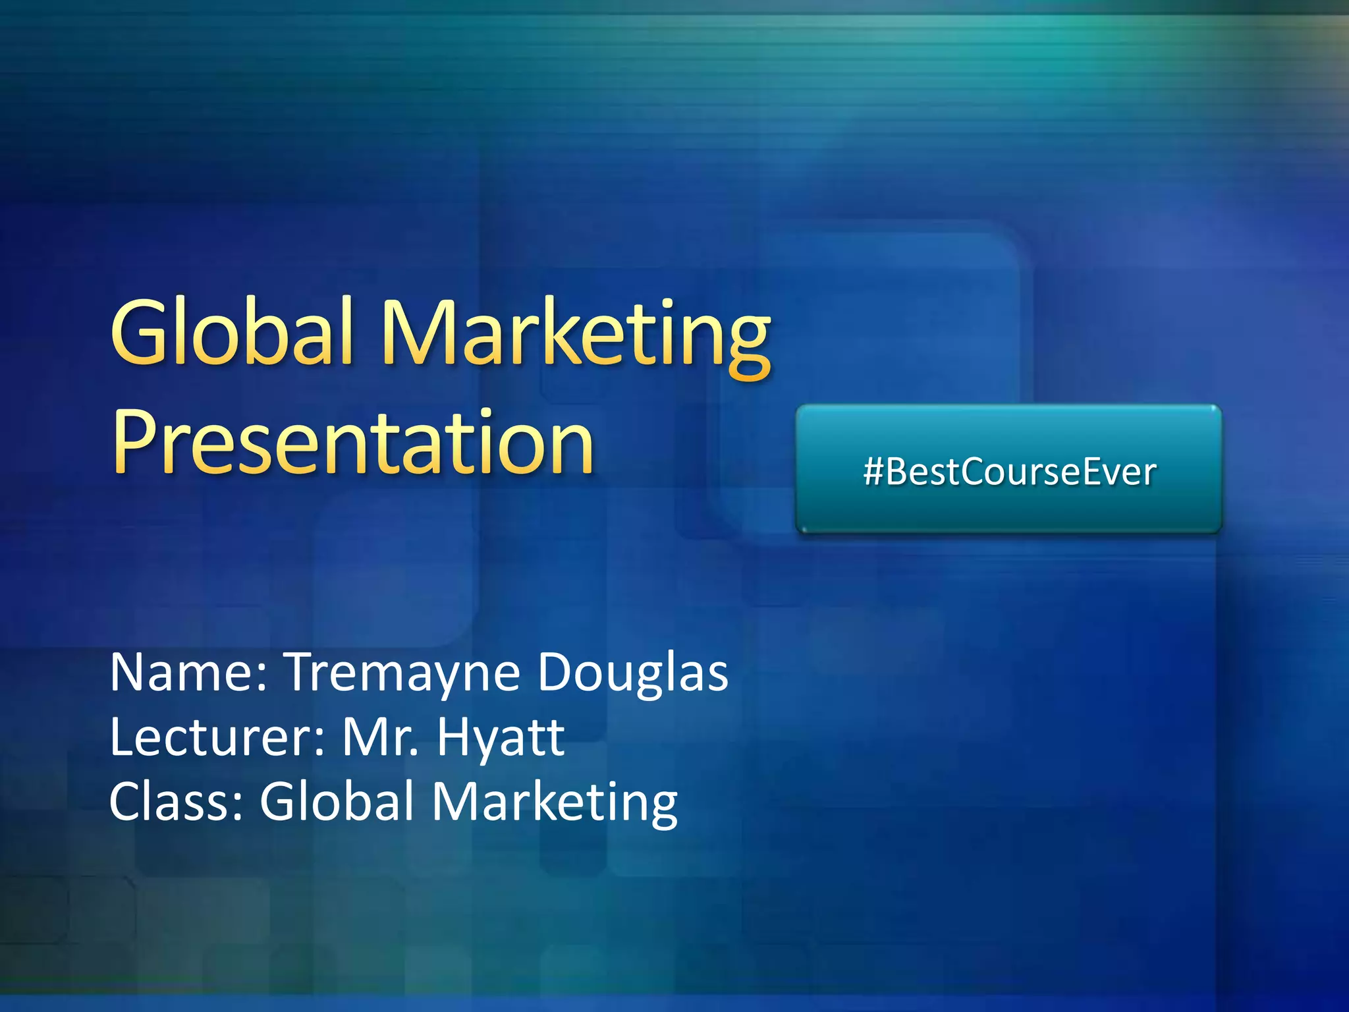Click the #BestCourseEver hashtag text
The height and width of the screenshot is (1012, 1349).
tap(1009, 472)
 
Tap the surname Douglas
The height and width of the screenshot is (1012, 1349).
tap(633, 673)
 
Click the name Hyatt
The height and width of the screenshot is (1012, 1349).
tap(501, 738)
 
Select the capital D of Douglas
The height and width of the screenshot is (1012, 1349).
tap(557, 672)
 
